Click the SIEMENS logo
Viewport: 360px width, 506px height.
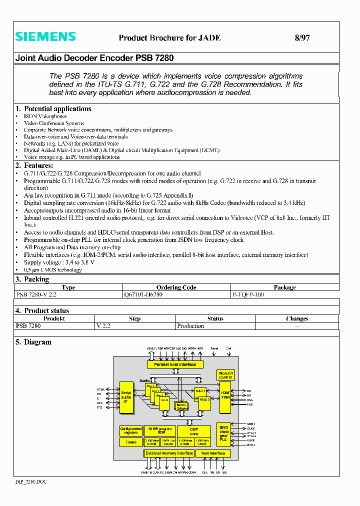click(x=45, y=36)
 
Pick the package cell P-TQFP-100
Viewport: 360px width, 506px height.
click(x=247, y=294)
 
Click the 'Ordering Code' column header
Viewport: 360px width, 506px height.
click(x=175, y=287)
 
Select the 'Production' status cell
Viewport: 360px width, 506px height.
click(x=190, y=325)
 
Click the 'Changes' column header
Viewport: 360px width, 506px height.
click(x=297, y=318)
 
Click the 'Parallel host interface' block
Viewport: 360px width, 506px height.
click(x=175, y=364)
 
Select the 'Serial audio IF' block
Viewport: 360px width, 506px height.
click(x=126, y=397)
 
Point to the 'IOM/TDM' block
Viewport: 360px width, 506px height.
click(x=225, y=394)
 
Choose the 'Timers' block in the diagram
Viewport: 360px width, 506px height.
click(x=131, y=442)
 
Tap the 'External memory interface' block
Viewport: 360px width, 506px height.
click(x=169, y=453)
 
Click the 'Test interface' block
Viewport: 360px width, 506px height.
click(x=213, y=453)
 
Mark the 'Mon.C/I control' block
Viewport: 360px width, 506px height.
click(x=226, y=375)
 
